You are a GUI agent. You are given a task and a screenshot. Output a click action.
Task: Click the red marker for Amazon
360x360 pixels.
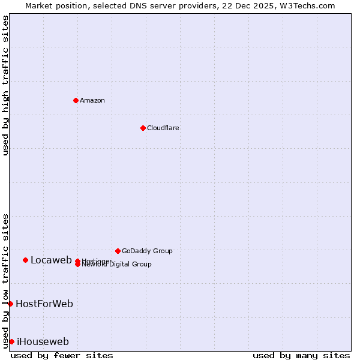click(x=76, y=100)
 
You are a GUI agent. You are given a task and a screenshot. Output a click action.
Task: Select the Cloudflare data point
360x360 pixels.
click(x=143, y=128)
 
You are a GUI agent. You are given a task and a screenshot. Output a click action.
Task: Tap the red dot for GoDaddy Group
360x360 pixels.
click(x=118, y=251)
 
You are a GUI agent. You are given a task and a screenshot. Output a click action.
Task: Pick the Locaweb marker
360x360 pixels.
click(x=25, y=260)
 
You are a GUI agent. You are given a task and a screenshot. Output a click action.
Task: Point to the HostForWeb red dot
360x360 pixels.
click(x=10, y=304)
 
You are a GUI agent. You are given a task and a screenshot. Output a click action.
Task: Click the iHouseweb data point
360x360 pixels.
click(x=11, y=341)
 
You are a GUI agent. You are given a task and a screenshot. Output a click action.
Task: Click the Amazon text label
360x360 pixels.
click(x=92, y=100)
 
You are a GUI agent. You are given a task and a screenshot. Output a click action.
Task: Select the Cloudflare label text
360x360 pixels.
click(x=163, y=128)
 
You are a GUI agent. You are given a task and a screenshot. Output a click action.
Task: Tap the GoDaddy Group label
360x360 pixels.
click(x=147, y=251)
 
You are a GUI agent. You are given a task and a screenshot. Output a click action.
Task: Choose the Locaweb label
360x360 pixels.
click(x=51, y=260)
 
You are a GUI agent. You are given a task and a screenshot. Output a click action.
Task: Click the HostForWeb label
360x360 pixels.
click(x=44, y=304)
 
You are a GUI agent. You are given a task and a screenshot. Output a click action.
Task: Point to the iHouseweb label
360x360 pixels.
click(x=43, y=341)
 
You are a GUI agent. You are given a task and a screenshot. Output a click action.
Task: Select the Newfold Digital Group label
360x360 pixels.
click(x=117, y=265)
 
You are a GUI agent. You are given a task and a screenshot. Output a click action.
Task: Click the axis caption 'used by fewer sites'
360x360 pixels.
click(x=62, y=355)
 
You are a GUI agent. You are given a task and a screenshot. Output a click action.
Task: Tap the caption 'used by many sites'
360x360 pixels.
click(x=301, y=355)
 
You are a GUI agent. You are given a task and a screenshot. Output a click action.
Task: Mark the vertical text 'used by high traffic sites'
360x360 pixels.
click(x=5, y=85)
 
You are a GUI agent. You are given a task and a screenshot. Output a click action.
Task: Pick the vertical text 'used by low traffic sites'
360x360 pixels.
click(x=5, y=280)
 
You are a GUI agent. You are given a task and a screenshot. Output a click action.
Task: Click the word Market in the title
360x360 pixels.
click(x=39, y=5)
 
